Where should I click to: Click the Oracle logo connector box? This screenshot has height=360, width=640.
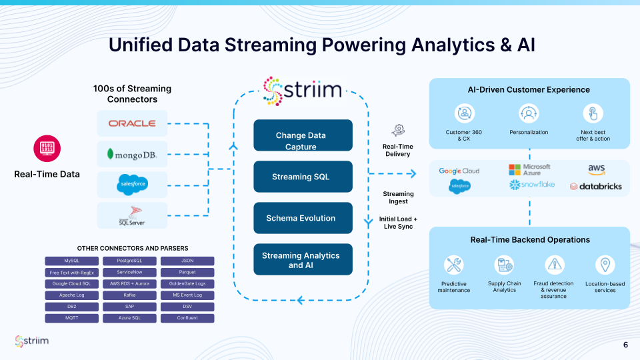(132, 124)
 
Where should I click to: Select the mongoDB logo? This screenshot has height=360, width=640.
(132, 155)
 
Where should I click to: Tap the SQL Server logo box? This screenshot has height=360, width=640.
(132, 215)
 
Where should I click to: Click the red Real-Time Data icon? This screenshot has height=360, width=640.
(47, 148)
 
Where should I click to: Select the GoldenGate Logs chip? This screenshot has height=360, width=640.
(188, 283)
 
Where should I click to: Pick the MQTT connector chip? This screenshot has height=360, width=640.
(71, 318)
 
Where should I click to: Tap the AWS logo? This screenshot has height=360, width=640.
(596, 170)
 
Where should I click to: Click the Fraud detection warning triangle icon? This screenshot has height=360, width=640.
(555, 265)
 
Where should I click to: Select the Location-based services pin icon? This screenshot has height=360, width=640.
(605, 265)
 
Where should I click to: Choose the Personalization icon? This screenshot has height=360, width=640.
(529, 113)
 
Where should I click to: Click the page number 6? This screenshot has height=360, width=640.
(625, 345)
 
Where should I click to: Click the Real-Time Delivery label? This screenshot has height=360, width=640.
(398, 150)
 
